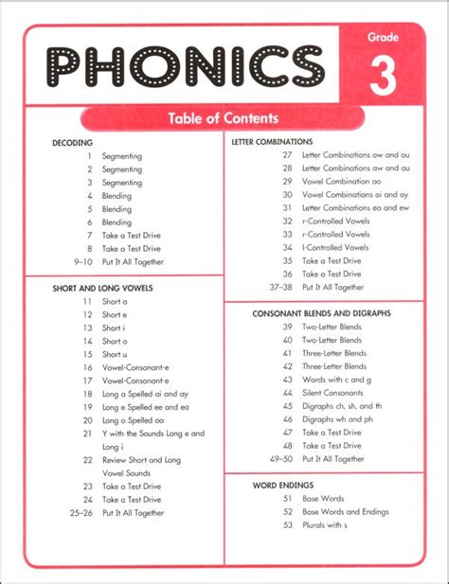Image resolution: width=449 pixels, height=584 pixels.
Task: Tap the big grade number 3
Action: [x=382, y=77]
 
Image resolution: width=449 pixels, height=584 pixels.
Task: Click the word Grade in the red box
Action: [x=384, y=38]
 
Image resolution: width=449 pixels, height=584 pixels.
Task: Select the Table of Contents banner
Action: [x=223, y=118]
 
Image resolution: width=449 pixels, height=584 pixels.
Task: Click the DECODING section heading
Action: [x=73, y=142]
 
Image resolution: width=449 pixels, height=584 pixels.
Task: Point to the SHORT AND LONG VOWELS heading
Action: [x=102, y=287]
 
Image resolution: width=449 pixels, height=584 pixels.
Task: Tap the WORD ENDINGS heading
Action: [x=278, y=485]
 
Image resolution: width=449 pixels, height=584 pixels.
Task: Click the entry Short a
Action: [x=115, y=301]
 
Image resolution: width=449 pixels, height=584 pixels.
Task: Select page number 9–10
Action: [x=80, y=261]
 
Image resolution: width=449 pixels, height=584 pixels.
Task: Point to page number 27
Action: [x=287, y=155]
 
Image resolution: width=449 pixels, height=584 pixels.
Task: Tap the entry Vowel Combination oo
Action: [x=342, y=181]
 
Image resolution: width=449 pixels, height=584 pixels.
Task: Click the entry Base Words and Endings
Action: [x=345, y=511]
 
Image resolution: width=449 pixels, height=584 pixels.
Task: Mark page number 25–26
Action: [x=80, y=512]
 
